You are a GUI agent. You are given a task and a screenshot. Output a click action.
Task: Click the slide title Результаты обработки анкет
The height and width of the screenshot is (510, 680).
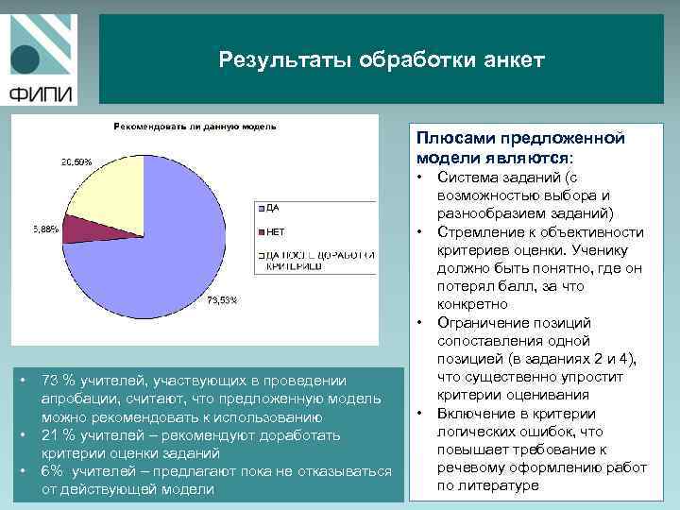[x=382, y=60]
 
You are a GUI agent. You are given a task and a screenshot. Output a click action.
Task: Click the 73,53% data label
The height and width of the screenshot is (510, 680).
[x=222, y=300]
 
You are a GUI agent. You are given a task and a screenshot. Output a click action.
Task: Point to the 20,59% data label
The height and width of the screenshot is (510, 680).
[x=77, y=162]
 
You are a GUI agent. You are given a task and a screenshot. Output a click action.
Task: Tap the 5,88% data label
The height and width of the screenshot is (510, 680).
[x=45, y=229]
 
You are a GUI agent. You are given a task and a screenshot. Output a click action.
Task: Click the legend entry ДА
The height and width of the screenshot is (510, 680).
[x=272, y=207]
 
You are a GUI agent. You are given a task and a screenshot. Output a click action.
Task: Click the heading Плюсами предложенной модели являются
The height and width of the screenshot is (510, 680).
[x=520, y=147]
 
